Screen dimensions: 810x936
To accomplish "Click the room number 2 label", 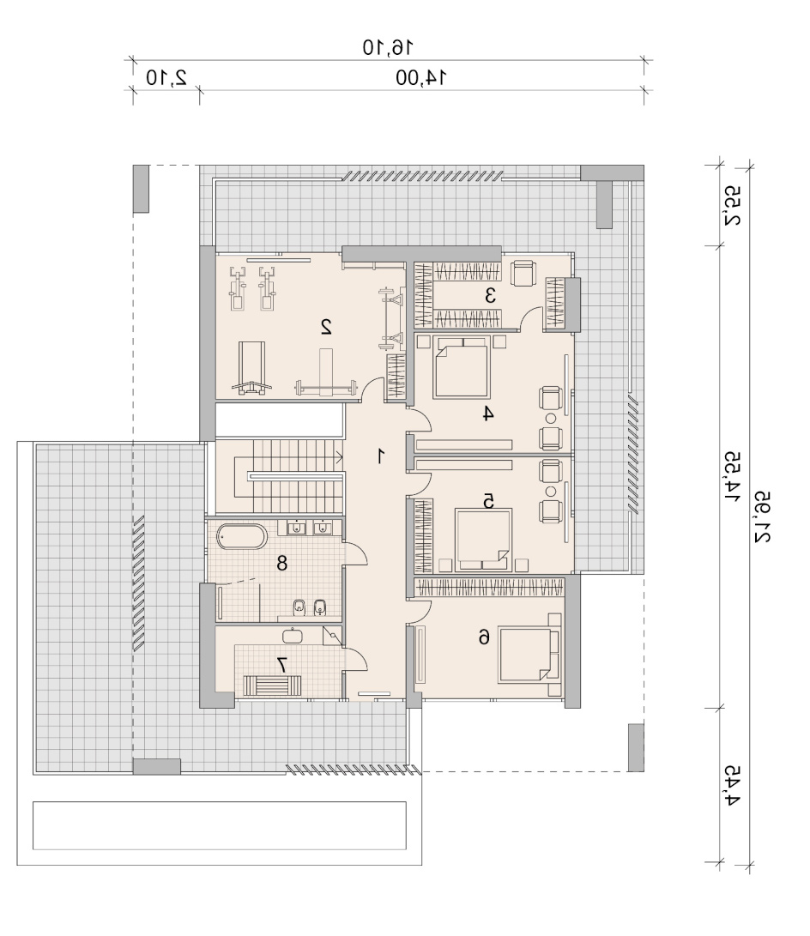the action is click(x=326, y=327).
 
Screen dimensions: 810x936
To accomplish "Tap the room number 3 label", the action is click(x=490, y=295).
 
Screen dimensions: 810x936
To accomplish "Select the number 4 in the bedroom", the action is click(x=488, y=413).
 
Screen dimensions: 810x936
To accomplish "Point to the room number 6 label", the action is click(x=484, y=637).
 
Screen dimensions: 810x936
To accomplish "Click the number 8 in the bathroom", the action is click(x=281, y=562).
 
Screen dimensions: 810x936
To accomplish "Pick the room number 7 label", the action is click(x=282, y=664).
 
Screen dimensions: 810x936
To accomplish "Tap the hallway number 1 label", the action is click(x=380, y=456).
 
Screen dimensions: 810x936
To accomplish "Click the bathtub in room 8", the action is click(x=241, y=536).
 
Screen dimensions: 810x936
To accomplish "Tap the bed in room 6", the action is click(x=529, y=655).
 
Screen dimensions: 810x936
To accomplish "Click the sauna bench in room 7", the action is click(x=272, y=685).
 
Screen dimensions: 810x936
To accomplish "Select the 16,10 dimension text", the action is click(x=388, y=46).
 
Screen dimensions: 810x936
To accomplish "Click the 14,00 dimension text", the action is click(x=421, y=77).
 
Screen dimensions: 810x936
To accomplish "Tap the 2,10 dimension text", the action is click(x=166, y=77).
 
